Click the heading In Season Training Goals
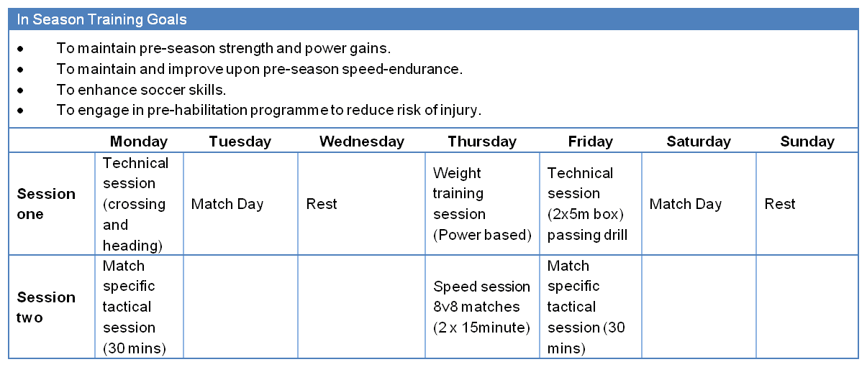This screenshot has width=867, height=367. [x=101, y=19]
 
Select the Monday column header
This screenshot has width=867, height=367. [x=139, y=141]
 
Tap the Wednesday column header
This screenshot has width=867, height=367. [x=361, y=141]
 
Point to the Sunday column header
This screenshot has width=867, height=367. [x=807, y=141]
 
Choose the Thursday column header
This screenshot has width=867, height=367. [x=481, y=141]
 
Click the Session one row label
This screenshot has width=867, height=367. [x=46, y=204]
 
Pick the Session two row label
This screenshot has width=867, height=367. [x=46, y=307]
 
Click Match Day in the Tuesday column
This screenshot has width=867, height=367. [x=227, y=204]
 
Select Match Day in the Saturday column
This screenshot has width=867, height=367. [x=685, y=204]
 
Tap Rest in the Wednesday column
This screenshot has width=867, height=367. [x=322, y=204]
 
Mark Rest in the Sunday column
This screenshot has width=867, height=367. [x=780, y=204]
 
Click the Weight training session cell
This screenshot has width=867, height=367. [x=481, y=204]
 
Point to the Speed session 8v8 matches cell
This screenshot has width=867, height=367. [x=481, y=307]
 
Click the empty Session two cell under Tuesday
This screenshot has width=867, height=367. [x=240, y=307]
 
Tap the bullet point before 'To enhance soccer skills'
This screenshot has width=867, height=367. [x=21, y=90]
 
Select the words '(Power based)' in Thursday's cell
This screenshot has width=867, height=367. [x=481, y=235]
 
